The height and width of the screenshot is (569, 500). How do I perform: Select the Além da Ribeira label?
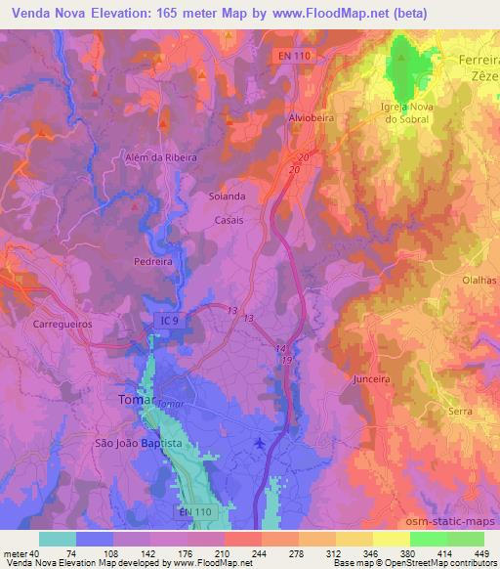tap(161, 156)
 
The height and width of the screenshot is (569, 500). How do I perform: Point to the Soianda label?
tap(228, 196)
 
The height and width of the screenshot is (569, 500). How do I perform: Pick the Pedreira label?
tap(154, 262)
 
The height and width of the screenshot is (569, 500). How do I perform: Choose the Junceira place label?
tap(369, 376)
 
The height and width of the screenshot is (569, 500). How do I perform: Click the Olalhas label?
tap(479, 280)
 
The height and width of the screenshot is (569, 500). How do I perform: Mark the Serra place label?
tap(459, 413)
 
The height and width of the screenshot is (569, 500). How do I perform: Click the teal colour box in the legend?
tap(58, 539)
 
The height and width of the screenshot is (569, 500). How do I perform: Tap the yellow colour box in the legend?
tap(392, 539)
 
